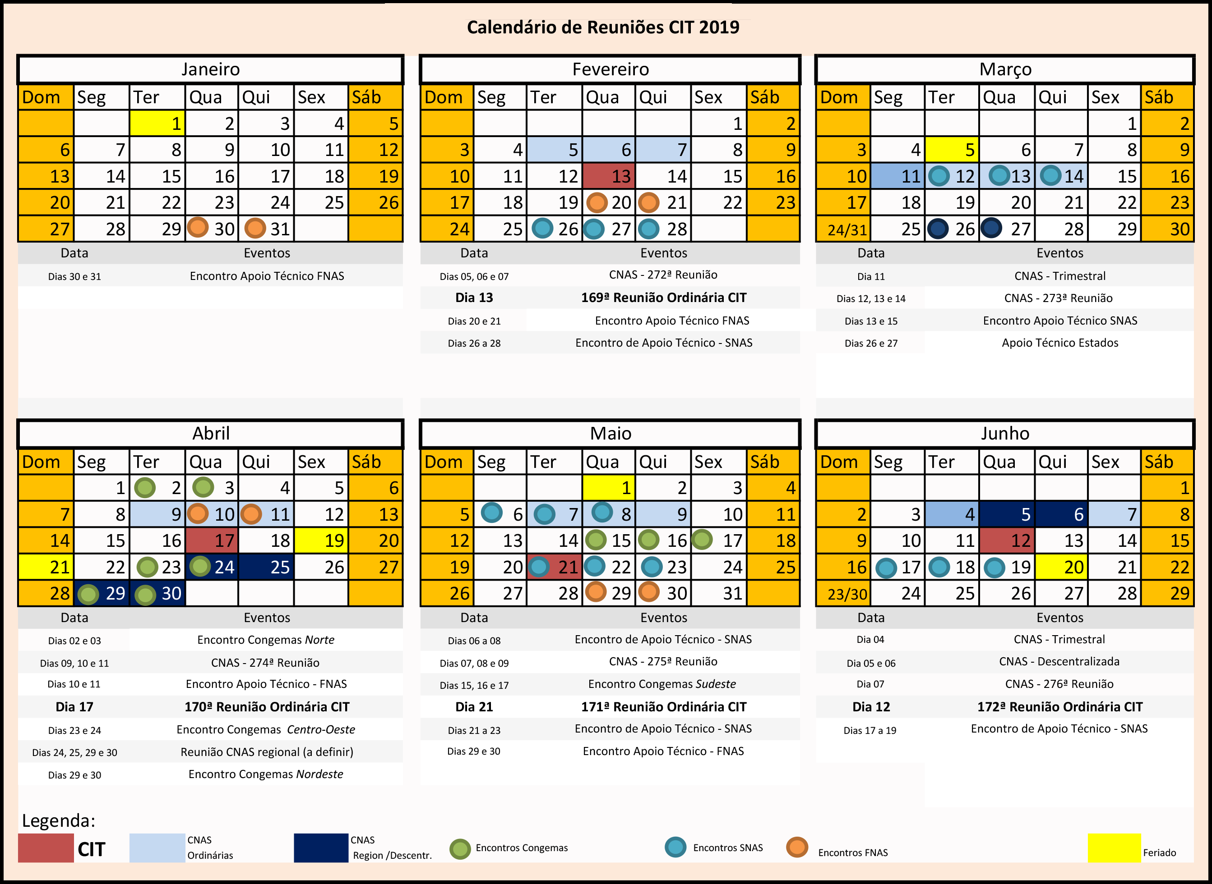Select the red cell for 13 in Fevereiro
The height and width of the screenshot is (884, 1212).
(x=609, y=176)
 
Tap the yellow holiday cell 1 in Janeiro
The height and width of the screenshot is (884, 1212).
(x=157, y=124)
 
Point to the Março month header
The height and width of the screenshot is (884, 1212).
(x=1005, y=69)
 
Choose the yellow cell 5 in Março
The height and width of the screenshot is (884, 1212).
(x=952, y=150)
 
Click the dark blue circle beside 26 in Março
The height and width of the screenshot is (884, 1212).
(x=938, y=229)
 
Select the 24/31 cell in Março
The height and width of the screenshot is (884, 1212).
(x=843, y=229)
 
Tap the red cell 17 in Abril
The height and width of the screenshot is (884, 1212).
(x=212, y=540)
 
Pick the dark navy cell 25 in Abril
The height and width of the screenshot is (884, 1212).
(x=266, y=567)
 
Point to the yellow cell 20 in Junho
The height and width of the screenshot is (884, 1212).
(x=1061, y=567)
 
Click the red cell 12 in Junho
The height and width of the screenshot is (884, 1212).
(x=1006, y=540)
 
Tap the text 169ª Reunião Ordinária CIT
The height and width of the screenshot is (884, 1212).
(x=664, y=298)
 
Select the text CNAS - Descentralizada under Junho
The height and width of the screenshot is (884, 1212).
(x=1059, y=661)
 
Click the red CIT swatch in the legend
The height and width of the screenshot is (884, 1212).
(x=46, y=847)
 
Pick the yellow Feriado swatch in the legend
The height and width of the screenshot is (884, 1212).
(x=1114, y=847)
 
